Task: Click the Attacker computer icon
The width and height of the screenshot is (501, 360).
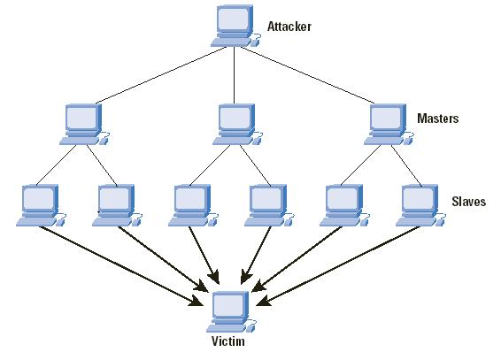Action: (x=235, y=27)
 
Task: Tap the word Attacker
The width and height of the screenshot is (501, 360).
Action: (x=289, y=27)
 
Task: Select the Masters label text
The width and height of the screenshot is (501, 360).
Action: (x=438, y=119)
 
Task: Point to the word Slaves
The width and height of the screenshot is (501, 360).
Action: (x=469, y=202)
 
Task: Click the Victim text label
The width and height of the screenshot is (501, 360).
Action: (x=228, y=341)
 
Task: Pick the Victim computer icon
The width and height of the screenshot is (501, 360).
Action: (x=231, y=312)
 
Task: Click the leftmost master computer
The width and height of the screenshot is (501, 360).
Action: (x=84, y=125)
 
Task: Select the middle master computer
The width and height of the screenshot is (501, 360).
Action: (x=237, y=125)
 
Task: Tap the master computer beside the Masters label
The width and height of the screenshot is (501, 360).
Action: (x=389, y=125)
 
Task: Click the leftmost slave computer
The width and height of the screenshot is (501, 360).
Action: (x=42, y=205)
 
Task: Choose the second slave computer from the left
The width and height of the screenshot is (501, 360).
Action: (x=117, y=205)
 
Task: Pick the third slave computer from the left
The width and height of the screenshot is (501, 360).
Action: (x=193, y=205)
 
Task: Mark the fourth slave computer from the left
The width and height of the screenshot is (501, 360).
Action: (x=269, y=205)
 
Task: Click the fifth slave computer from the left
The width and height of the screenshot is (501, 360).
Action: (x=344, y=205)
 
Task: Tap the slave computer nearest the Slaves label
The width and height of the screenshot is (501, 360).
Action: (x=420, y=205)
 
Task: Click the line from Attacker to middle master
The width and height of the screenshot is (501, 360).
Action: (x=235, y=75)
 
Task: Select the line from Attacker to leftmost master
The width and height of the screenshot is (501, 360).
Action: (x=161, y=75)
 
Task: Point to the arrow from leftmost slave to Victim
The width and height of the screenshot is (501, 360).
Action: (x=121, y=266)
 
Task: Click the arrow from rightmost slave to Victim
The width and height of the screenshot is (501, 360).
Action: (x=339, y=266)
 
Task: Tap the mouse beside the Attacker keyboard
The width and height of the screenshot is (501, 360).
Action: (x=256, y=41)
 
